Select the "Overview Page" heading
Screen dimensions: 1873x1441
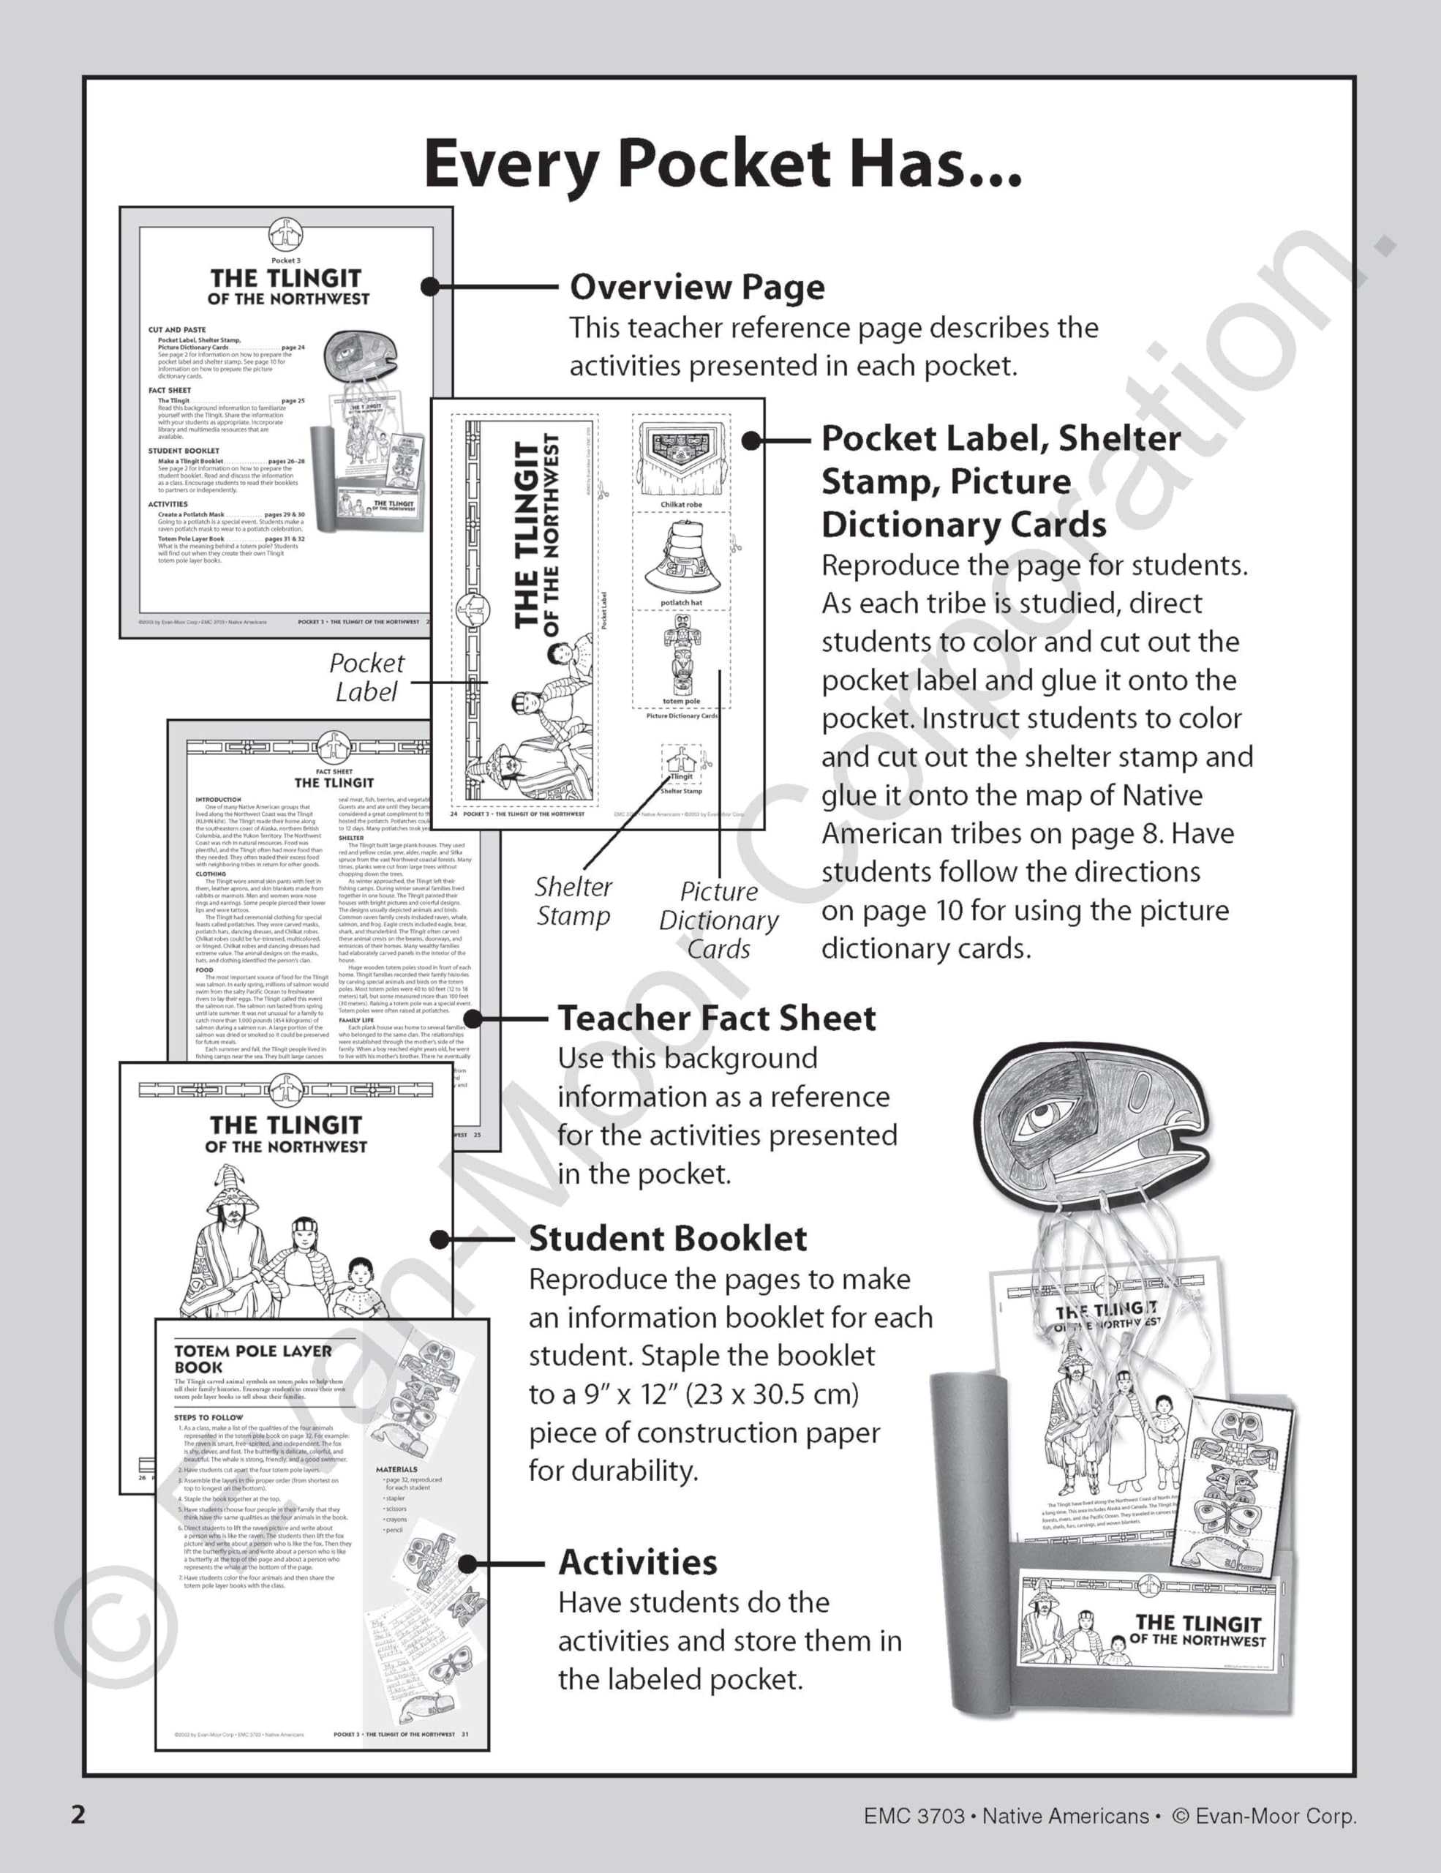pyautogui.click(x=697, y=288)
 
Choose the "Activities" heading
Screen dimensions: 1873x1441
pyautogui.click(x=638, y=1562)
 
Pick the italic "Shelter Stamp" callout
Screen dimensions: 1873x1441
pyautogui.click(x=573, y=901)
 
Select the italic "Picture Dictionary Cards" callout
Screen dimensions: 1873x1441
pyautogui.click(x=718, y=920)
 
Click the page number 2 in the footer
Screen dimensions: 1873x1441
pyautogui.click(x=78, y=1814)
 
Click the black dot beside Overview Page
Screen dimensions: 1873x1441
pyautogui.click(x=430, y=287)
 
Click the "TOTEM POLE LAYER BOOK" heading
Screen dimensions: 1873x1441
pyautogui.click(x=252, y=1359)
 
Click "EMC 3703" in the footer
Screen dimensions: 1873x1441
pyautogui.click(x=914, y=1815)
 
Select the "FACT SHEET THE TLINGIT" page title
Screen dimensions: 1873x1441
pyautogui.click(x=334, y=778)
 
